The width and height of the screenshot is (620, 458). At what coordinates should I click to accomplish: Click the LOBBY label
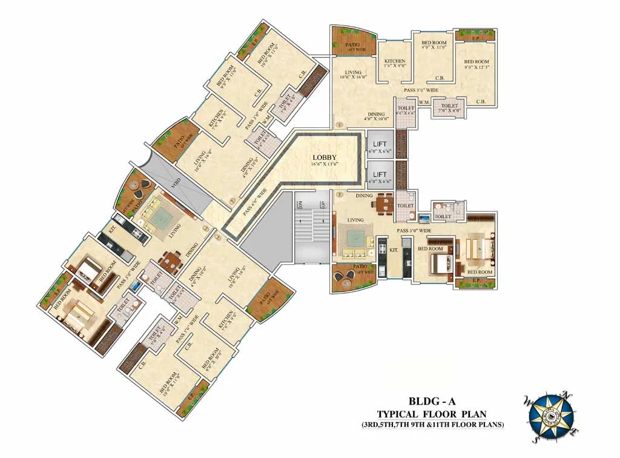point(326,158)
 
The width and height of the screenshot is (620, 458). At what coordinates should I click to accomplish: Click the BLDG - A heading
point(440,402)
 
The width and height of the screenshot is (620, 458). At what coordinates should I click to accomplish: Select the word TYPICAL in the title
point(401,414)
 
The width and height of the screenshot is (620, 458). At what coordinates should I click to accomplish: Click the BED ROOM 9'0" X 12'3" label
point(477,65)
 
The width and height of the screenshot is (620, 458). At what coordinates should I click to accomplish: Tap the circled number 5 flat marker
point(340,194)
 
